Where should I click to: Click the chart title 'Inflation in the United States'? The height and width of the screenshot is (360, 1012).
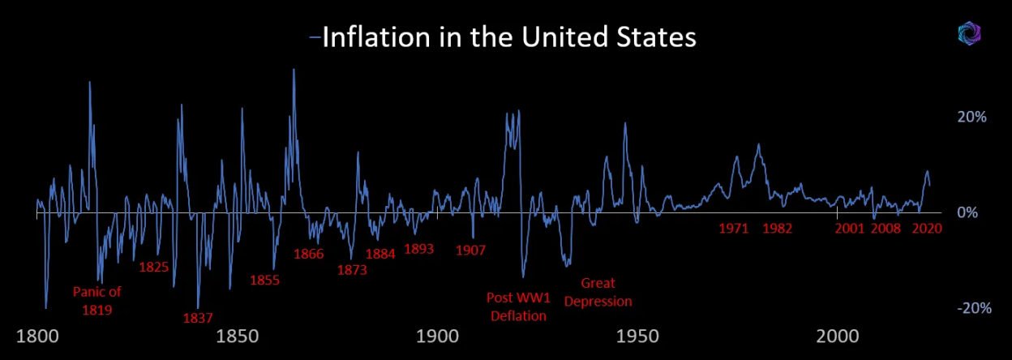tap(508, 38)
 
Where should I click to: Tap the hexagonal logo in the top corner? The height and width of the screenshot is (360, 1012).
tap(970, 32)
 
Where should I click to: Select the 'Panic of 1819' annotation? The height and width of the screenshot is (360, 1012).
tap(96, 301)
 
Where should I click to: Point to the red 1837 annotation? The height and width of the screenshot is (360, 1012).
tap(198, 318)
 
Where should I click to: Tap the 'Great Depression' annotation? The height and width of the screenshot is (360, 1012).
tap(598, 292)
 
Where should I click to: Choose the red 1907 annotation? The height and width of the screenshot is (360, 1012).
tap(470, 250)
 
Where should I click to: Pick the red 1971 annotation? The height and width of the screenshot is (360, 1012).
tap(733, 229)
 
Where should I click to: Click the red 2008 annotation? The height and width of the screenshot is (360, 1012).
tap(885, 229)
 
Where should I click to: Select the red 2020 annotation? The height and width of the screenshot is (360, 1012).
tap(925, 229)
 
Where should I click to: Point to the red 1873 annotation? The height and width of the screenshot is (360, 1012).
tap(352, 270)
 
